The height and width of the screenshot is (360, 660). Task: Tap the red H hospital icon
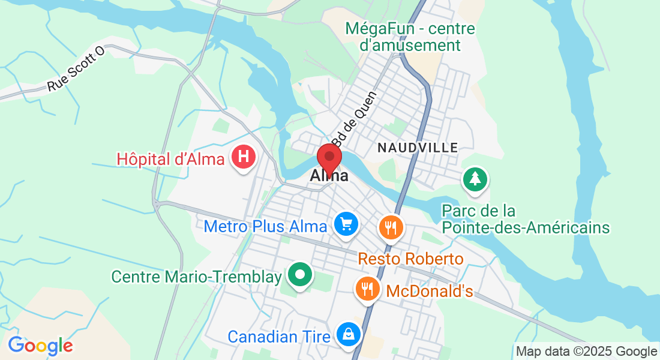coord(244,158)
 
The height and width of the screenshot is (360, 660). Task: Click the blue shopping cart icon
coord(346,225)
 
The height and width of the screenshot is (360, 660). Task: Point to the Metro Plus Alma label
coord(265,226)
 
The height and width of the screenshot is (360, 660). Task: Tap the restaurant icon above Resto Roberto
coord(391,227)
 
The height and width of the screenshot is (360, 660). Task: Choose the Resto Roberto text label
coord(411,259)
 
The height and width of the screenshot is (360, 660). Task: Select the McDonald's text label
coord(430,292)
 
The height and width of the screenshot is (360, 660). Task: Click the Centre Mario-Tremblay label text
coord(197,277)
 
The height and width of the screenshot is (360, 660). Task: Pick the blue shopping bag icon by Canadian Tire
coord(348,335)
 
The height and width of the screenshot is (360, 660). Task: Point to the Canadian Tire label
coord(279,337)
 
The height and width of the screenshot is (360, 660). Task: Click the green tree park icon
coord(475,179)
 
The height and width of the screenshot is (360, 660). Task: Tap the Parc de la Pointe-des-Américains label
coord(526,220)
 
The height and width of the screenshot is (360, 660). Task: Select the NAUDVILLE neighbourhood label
coord(418,147)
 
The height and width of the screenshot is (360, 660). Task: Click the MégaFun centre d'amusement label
coord(410,37)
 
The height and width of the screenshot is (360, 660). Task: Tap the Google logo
coord(40,346)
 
